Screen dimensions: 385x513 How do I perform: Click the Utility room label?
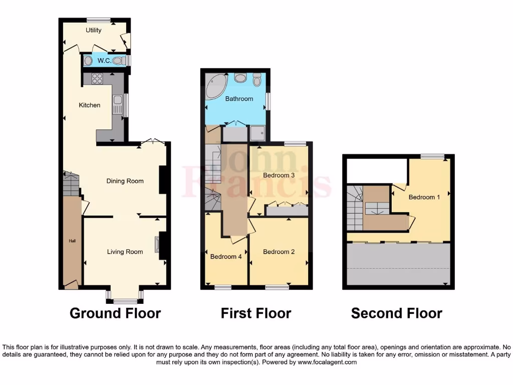pos(94,30)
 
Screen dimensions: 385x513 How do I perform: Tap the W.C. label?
pos(104,61)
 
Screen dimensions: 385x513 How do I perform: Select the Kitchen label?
pos(90,105)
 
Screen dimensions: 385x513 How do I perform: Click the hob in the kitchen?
pos(97,79)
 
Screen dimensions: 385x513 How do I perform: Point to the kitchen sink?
pos(117,105)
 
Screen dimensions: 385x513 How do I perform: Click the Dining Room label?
pos(125,181)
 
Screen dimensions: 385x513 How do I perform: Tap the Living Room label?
pos(125,252)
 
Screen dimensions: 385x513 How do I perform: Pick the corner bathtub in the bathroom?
pos(215,85)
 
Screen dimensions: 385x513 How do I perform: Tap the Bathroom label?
pos(239,99)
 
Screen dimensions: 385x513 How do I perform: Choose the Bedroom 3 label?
pos(279,175)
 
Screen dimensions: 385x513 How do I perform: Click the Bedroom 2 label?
pos(279,252)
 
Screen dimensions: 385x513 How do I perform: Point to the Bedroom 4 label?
pos(226,257)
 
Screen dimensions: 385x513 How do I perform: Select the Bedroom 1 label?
pos(424,197)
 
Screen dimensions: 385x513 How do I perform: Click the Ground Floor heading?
pos(115,314)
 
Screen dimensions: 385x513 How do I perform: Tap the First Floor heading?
pos(256,314)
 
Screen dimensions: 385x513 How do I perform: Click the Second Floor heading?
pos(397,314)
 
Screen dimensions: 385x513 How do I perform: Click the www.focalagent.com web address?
pos(327,362)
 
